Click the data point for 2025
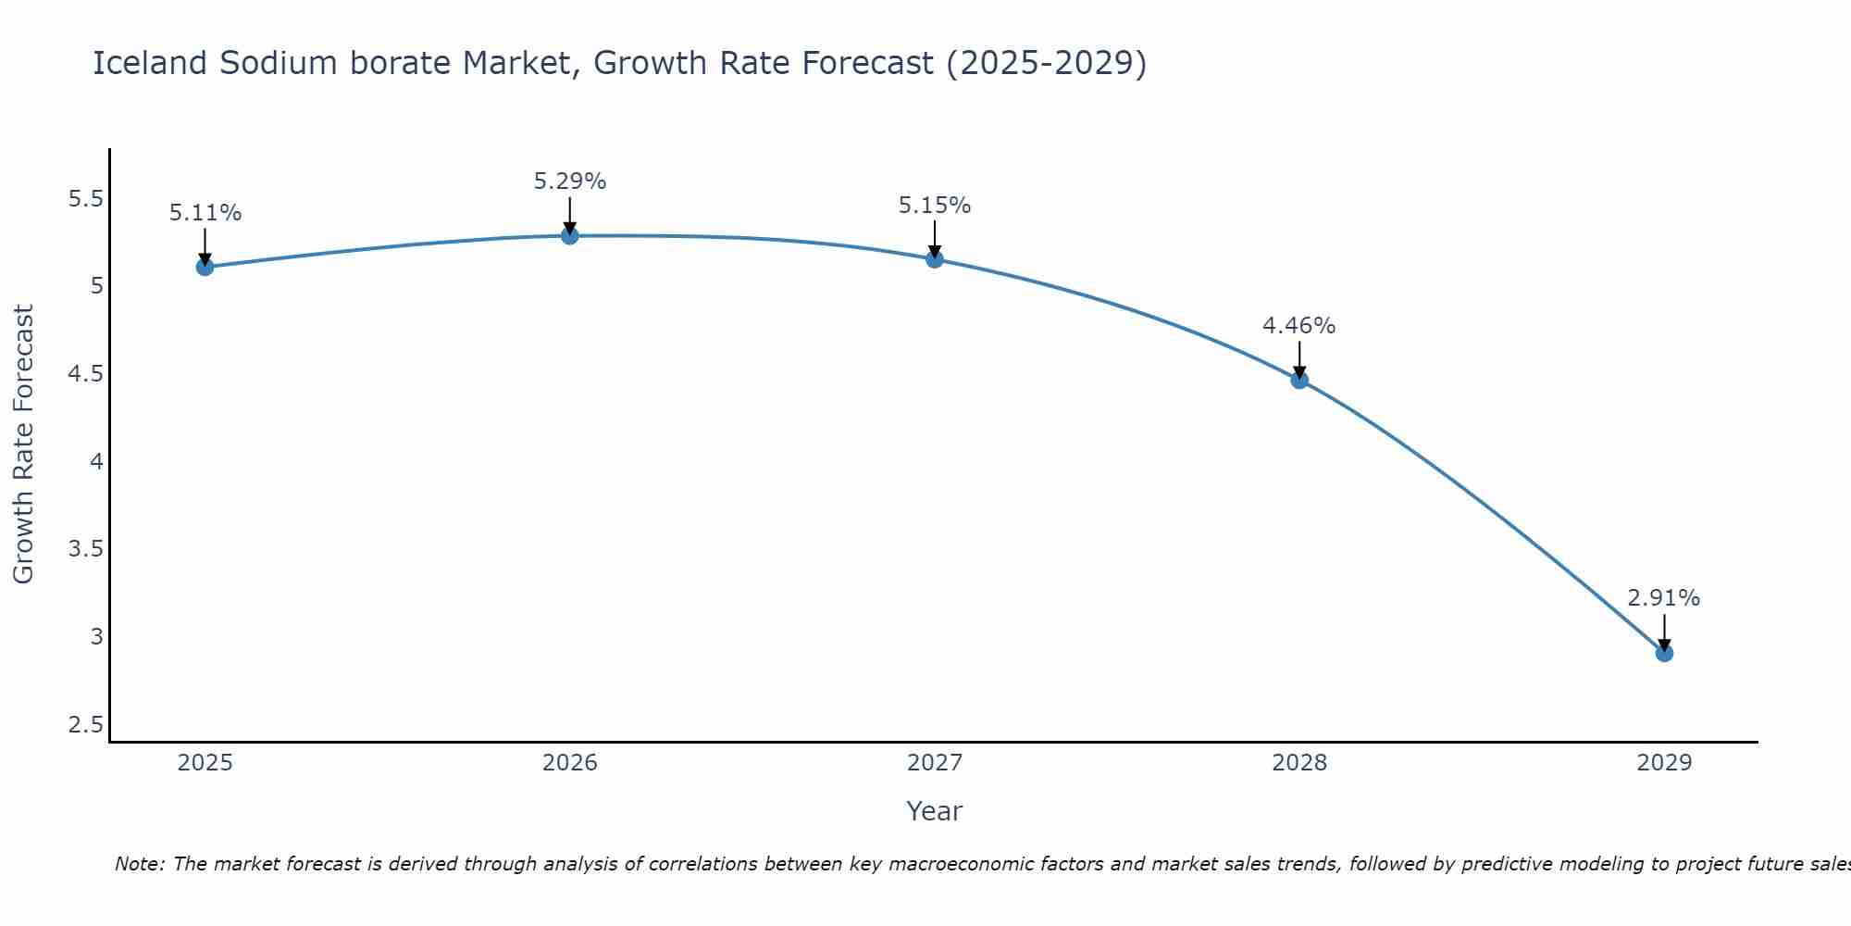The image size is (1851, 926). [205, 268]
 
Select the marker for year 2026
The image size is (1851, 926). [570, 236]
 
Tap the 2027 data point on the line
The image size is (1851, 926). [935, 259]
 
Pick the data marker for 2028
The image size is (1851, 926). [1299, 380]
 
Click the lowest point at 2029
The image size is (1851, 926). [1664, 654]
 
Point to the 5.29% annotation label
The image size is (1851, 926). [570, 181]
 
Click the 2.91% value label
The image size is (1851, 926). [1664, 598]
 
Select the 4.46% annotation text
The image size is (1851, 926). [1299, 326]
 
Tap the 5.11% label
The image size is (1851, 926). [205, 213]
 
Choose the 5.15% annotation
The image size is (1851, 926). [935, 206]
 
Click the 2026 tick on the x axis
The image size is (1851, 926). [570, 763]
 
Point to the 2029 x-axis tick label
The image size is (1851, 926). [1664, 763]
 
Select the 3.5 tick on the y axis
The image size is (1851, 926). [86, 549]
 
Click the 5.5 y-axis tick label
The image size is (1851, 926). [86, 199]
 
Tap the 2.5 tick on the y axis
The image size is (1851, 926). [86, 724]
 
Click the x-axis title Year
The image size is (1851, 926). [935, 811]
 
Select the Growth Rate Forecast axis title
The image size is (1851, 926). [23, 444]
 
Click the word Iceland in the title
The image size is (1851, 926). [150, 63]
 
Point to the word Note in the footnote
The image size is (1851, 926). [139, 864]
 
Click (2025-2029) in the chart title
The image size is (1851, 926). [1047, 63]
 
